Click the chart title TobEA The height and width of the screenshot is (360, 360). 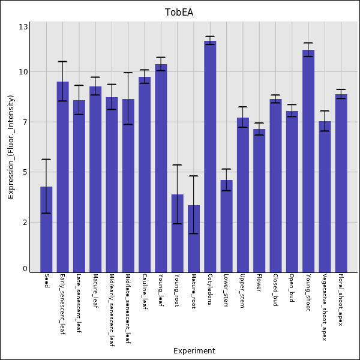tap(179, 13)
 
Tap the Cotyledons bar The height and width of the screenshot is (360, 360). tap(210, 156)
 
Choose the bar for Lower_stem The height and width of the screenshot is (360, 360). tap(226, 226)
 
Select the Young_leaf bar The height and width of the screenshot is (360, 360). tap(161, 168)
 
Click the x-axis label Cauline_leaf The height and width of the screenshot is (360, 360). tap(145, 291)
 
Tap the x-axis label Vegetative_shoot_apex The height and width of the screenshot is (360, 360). tap(325, 307)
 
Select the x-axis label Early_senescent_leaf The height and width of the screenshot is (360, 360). tap(62, 304)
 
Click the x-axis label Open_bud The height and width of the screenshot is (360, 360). tap(292, 288)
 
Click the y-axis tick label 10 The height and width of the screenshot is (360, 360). tap(23, 72)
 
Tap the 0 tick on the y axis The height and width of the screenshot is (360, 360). tap(25, 269)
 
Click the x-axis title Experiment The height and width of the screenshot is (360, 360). tap(194, 351)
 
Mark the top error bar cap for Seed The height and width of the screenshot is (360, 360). tap(46, 159)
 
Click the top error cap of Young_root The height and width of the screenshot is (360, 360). tap(177, 164)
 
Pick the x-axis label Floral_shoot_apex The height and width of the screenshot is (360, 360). tap(341, 300)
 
